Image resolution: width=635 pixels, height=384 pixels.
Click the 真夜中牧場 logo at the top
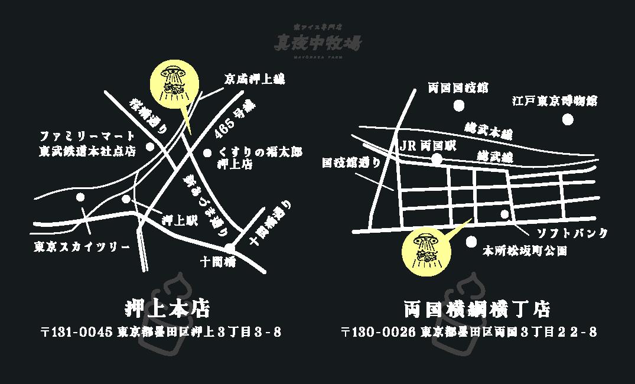coord(318,41)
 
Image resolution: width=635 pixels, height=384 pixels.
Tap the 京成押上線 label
coord(255,79)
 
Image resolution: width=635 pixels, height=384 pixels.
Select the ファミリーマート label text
coord(87,137)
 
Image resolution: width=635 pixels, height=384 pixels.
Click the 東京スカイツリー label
coord(82,246)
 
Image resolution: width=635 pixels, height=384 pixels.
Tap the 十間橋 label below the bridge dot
coord(219,262)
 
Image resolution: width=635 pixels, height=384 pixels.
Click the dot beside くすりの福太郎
coord(207,153)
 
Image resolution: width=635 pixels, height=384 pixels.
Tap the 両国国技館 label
coord(458,89)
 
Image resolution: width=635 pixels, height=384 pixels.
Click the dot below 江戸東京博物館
coord(568,119)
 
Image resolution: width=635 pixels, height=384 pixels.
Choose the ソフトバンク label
coord(572,233)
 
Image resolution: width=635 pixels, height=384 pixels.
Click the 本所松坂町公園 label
coord(525,251)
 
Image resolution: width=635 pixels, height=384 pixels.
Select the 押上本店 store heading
coord(168,308)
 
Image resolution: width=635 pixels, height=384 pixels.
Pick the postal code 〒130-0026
coord(379,332)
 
